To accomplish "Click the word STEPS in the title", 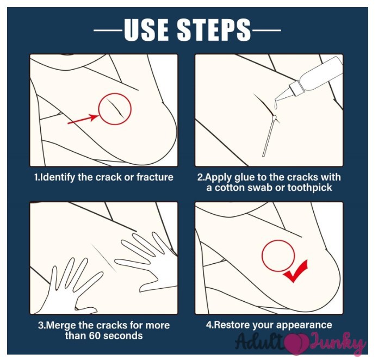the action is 214,30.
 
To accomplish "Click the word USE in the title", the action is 146,30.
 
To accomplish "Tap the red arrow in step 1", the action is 83,119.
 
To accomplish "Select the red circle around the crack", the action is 115,93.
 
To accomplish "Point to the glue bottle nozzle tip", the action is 276,100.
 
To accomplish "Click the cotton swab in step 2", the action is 269,136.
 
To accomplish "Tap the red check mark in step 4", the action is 296,271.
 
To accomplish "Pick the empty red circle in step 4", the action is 278,240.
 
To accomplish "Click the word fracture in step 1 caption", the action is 155,177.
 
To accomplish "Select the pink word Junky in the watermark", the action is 337,343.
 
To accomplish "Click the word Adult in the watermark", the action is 259,342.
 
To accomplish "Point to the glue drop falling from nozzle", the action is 275,105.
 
